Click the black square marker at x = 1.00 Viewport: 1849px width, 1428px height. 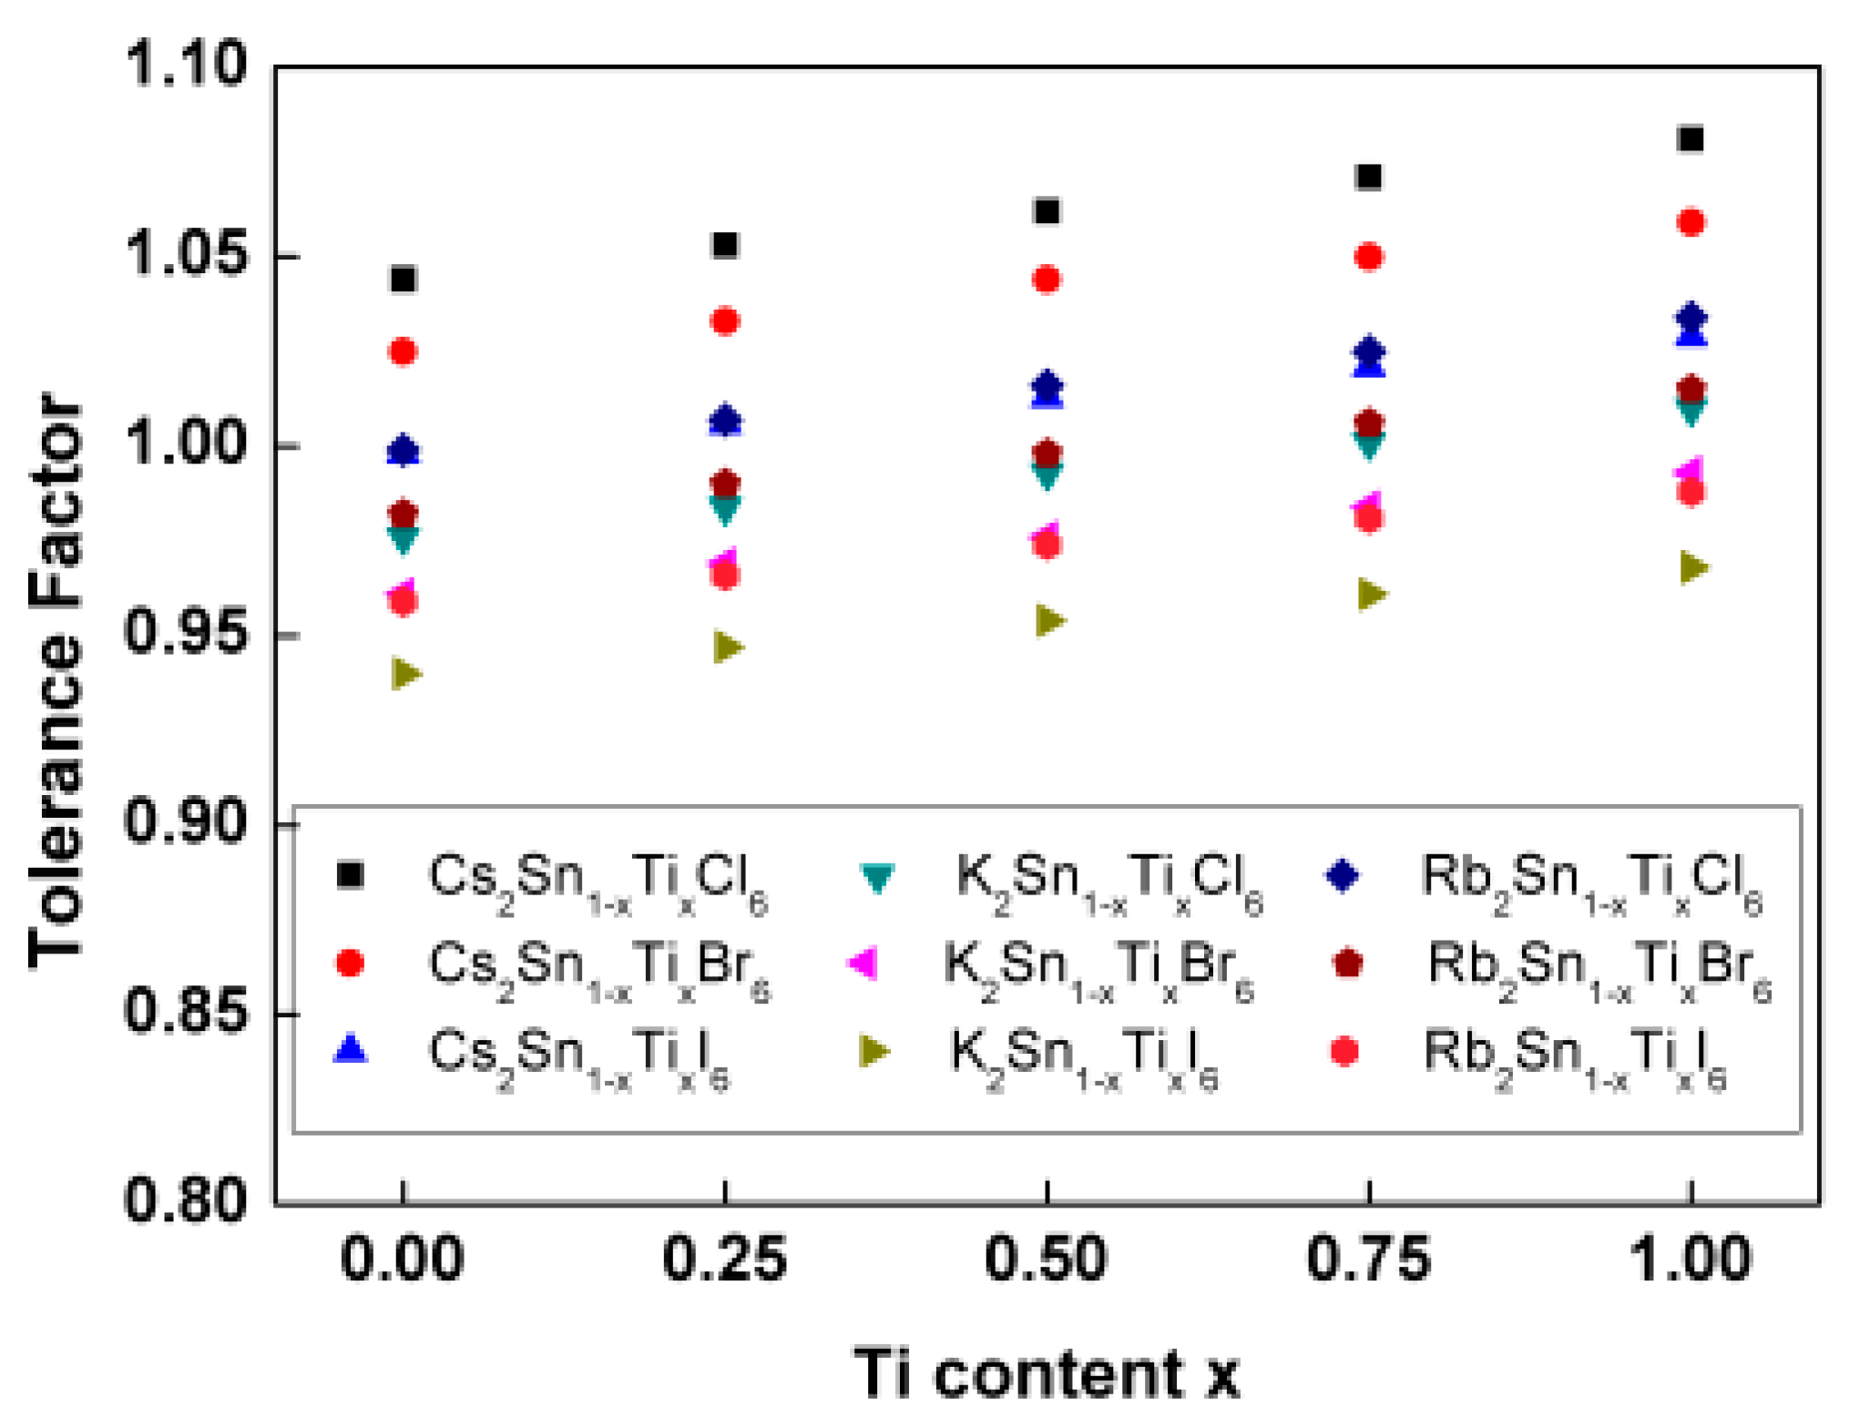(1691, 139)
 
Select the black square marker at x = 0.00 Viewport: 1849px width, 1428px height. (404, 279)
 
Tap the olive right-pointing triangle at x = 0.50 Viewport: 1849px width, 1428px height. (1049, 621)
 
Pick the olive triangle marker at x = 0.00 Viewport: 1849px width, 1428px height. (405, 674)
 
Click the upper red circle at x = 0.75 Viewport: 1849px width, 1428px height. (1369, 257)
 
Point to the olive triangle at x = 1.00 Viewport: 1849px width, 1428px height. (1692, 567)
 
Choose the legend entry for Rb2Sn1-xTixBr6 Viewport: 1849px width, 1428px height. (1599, 969)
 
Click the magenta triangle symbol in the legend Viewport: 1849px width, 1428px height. (864, 963)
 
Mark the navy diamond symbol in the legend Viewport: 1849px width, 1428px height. (1343, 875)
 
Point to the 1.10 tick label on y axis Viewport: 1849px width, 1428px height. (186, 66)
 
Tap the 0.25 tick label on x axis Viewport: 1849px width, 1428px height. (724, 1260)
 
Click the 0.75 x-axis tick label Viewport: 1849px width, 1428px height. (1368, 1260)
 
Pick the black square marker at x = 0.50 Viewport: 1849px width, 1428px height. (1047, 211)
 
